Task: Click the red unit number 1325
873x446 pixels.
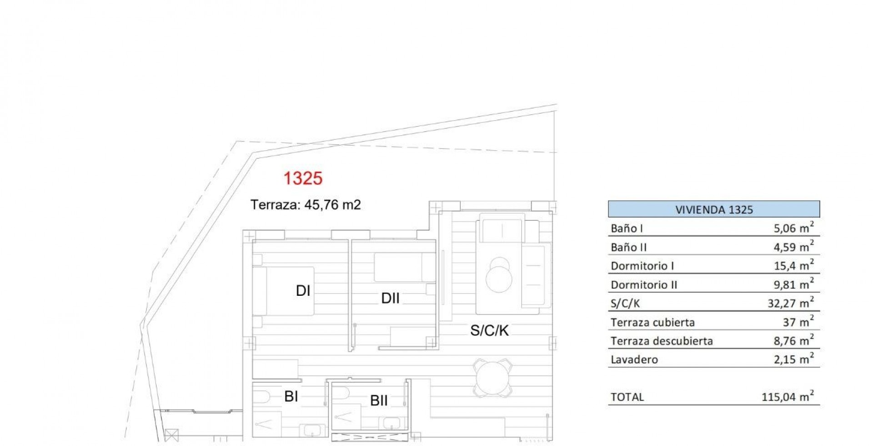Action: (x=303, y=178)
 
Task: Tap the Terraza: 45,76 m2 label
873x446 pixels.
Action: (x=306, y=205)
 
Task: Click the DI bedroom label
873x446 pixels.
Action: (x=303, y=290)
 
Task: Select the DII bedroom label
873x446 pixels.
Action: (x=390, y=298)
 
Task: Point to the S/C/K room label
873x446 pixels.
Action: (x=490, y=330)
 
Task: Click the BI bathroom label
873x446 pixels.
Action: (x=291, y=396)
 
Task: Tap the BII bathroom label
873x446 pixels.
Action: (x=379, y=400)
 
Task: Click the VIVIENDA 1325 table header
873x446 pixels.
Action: (x=714, y=209)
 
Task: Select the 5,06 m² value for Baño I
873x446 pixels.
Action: (x=793, y=228)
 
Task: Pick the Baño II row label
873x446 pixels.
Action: (x=629, y=247)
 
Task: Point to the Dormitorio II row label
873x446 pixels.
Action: (x=644, y=285)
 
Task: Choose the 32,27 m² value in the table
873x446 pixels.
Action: (x=791, y=302)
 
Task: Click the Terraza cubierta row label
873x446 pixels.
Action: (x=653, y=322)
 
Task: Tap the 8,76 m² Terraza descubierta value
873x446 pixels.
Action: (x=793, y=340)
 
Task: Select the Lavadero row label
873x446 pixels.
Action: (x=634, y=360)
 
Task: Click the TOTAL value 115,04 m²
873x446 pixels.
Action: (x=788, y=396)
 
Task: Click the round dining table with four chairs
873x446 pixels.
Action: (x=492, y=377)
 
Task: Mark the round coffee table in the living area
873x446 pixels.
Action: (x=499, y=278)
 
